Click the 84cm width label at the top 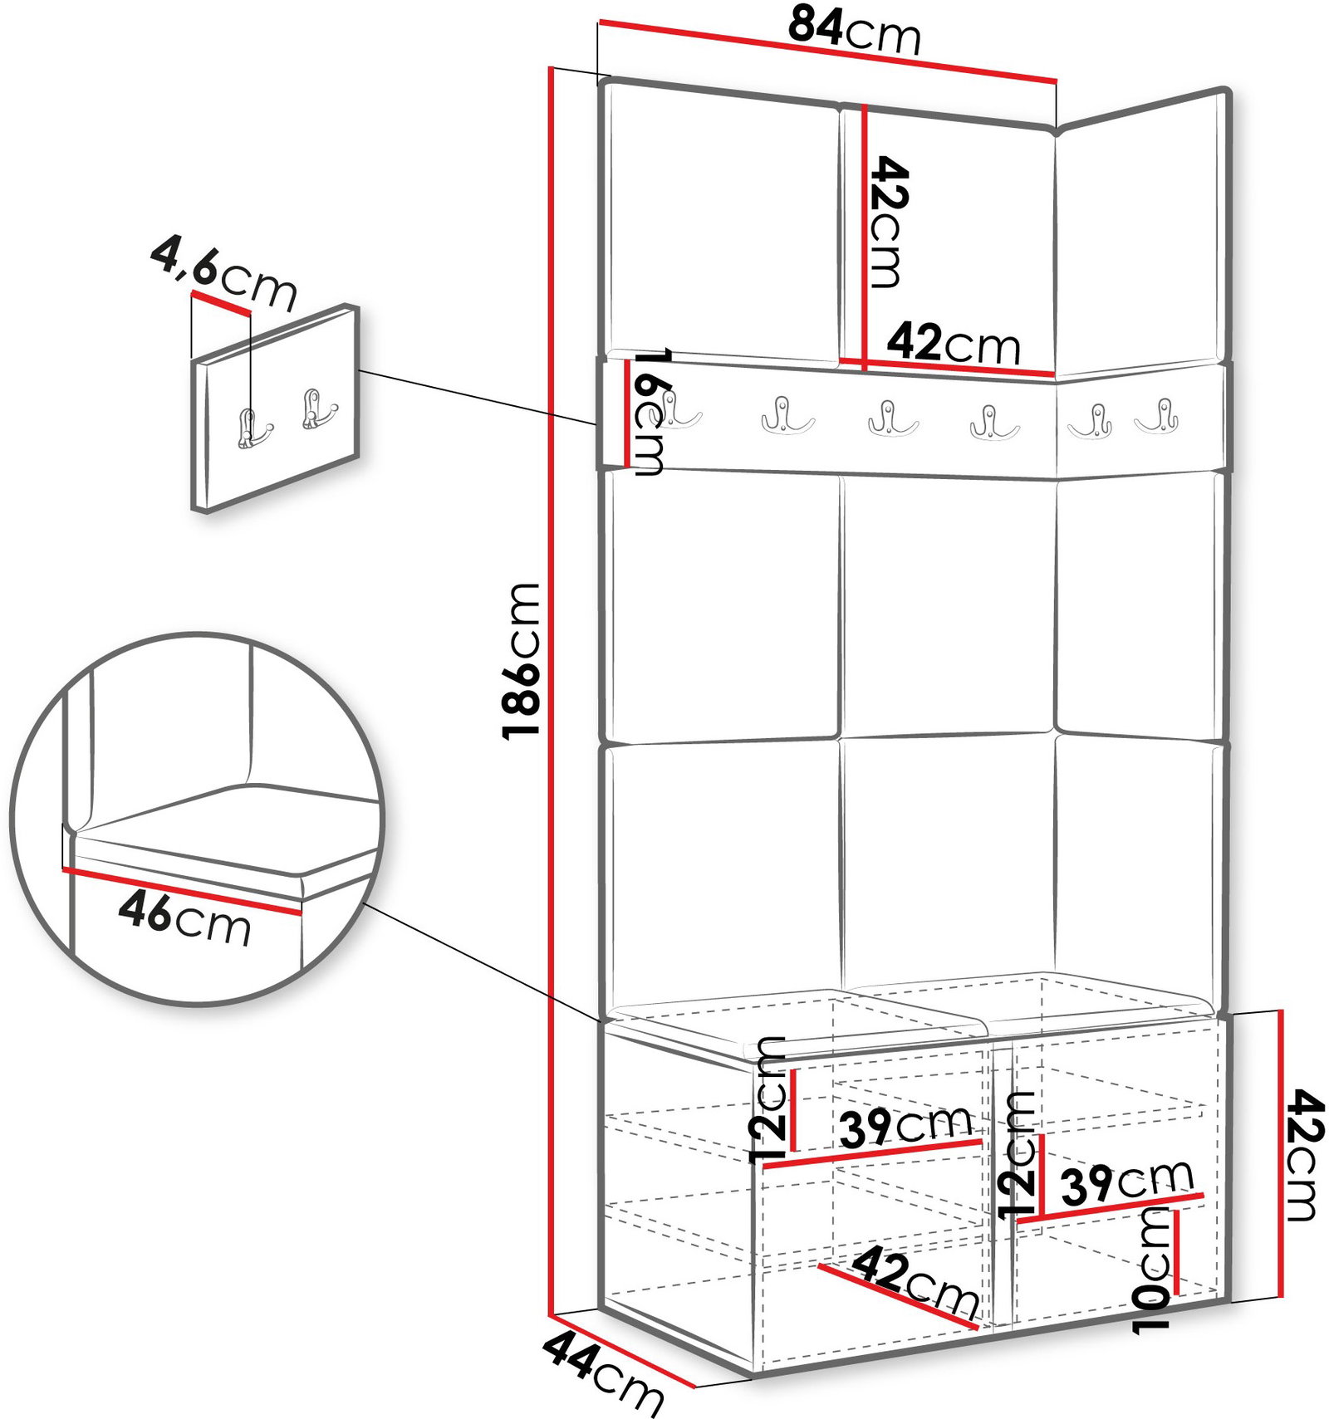(x=855, y=30)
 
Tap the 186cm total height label (x=522, y=660)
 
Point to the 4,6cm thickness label (x=223, y=273)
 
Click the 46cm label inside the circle (x=184, y=917)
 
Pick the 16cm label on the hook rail (x=649, y=412)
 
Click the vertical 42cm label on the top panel (x=886, y=221)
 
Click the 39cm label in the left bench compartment (x=905, y=1126)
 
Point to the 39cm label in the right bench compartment (x=1127, y=1180)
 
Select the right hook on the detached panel (x=318, y=409)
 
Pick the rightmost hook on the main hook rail (x=1160, y=417)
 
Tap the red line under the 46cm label (x=182, y=891)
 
